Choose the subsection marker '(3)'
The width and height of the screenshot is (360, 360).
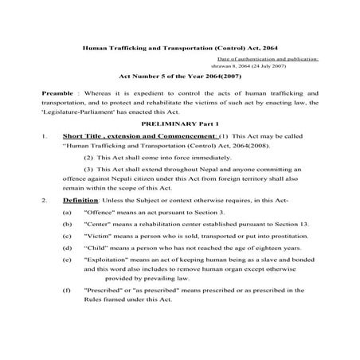[x=89, y=192]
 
